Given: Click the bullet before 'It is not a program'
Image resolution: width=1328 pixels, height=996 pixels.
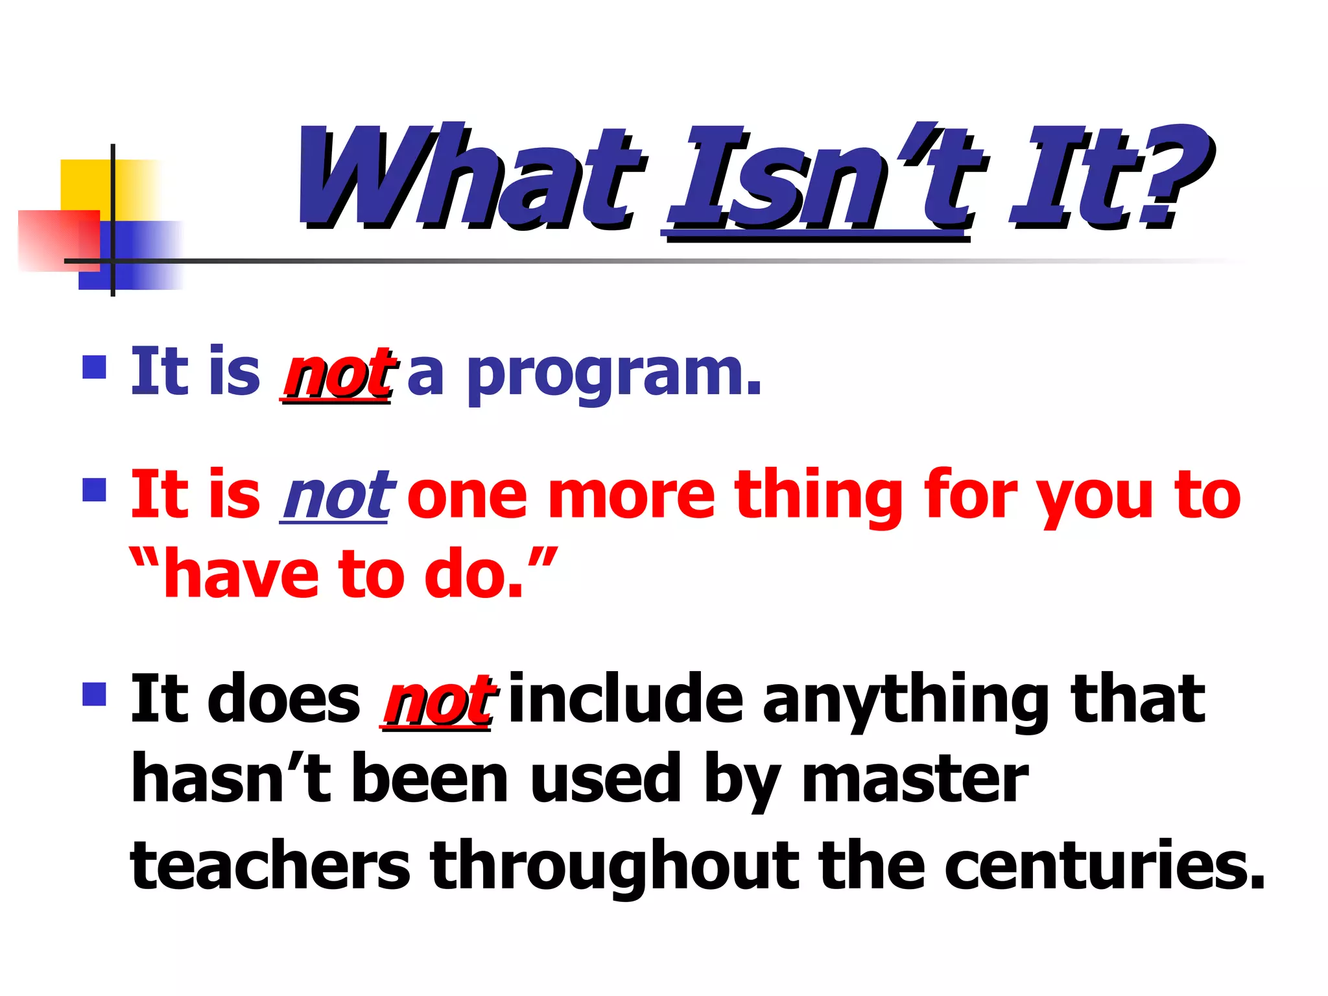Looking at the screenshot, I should click(x=94, y=367).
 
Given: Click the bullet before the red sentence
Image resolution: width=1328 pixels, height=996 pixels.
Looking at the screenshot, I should click(x=94, y=490).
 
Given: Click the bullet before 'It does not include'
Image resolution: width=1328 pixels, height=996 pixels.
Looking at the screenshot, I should click(x=94, y=694).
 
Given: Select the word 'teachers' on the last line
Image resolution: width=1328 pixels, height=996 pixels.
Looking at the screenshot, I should click(x=270, y=864).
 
